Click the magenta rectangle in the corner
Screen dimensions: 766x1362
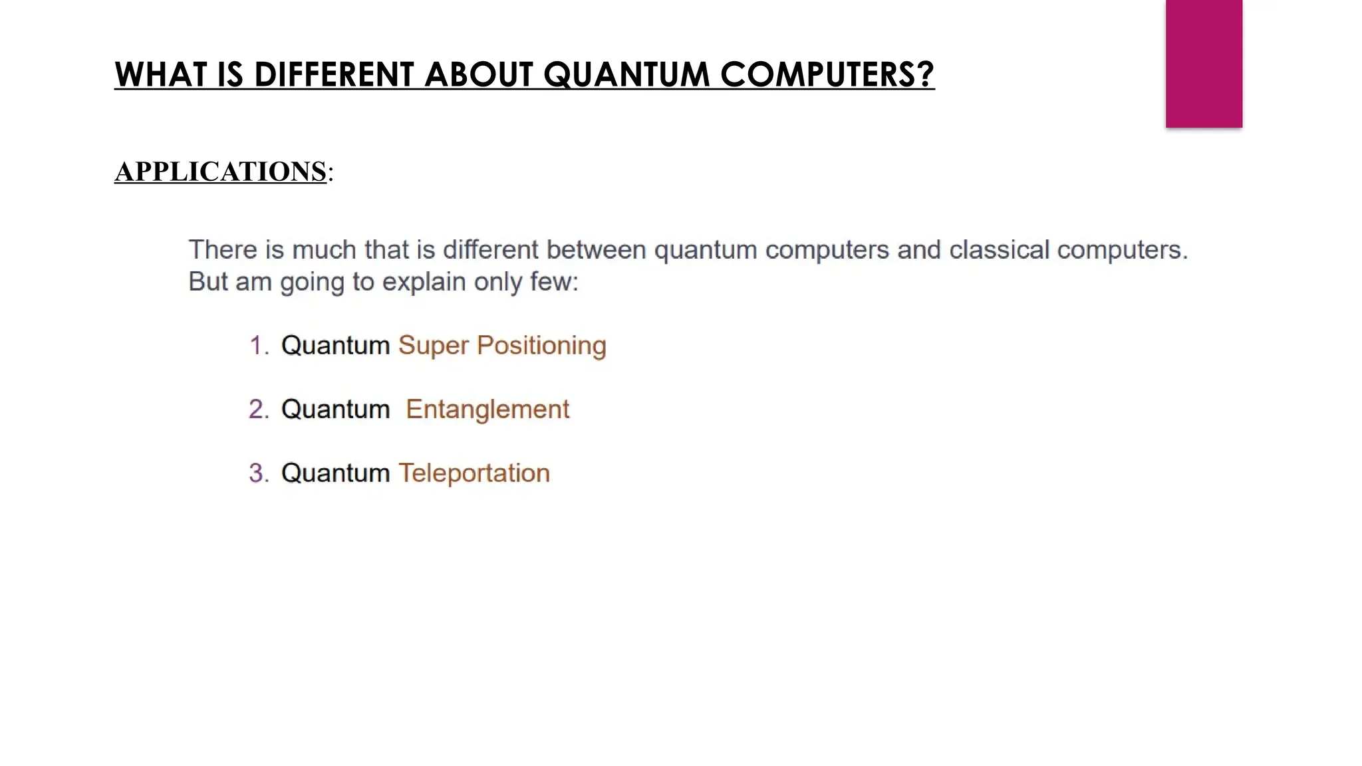pyautogui.click(x=1204, y=63)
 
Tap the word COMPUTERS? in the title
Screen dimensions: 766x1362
pyautogui.click(x=827, y=74)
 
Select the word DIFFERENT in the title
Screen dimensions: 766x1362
pyautogui.click(x=335, y=74)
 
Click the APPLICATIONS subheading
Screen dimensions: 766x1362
pyautogui.click(x=221, y=172)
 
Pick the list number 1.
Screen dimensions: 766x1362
pyautogui.click(x=258, y=346)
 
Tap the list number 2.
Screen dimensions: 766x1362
pyautogui.click(x=258, y=410)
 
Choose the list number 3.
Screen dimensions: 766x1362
pyautogui.click(x=258, y=473)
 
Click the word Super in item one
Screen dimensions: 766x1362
pyautogui.click(x=433, y=346)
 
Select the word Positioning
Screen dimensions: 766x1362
pyautogui.click(x=541, y=346)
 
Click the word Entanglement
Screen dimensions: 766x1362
pyautogui.click(x=487, y=410)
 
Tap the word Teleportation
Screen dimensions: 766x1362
pyautogui.click(x=474, y=473)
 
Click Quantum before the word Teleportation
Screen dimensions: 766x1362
pyautogui.click(x=335, y=473)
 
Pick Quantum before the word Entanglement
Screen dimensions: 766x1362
pyautogui.click(x=335, y=410)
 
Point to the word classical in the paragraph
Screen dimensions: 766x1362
pyautogui.click(x=998, y=250)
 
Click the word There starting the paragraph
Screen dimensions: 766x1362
pyautogui.click(x=223, y=250)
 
